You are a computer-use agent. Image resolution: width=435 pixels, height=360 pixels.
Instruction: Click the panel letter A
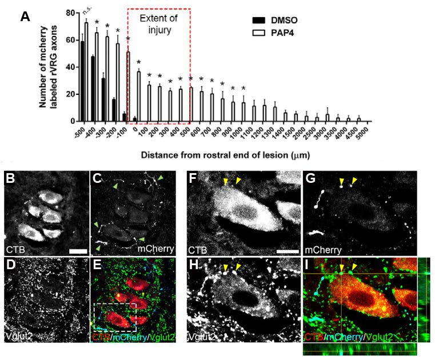tap(25, 17)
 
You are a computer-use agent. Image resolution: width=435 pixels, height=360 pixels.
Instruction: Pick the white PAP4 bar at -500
tap(87, 71)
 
